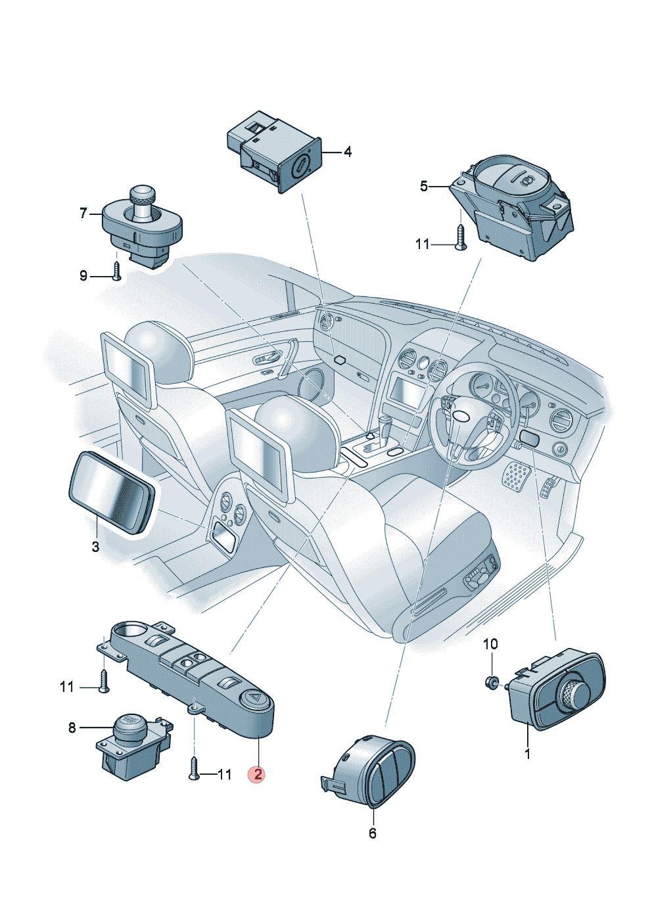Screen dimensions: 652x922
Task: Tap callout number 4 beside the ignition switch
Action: pyautogui.click(x=348, y=152)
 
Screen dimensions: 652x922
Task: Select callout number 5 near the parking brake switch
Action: pyautogui.click(x=423, y=187)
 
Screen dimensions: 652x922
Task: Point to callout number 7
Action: pyautogui.click(x=83, y=213)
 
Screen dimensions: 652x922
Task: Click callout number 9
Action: pyautogui.click(x=83, y=275)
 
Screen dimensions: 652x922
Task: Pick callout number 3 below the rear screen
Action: pyautogui.click(x=95, y=547)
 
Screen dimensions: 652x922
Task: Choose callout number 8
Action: pyautogui.click(x=72, y=727)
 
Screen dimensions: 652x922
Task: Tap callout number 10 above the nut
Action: pyautogui.click(x=490, y=644)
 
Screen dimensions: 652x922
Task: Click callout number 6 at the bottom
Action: pyautogui.click(x=373, y=833)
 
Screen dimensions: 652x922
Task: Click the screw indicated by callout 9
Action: pyautogui.click(x=116, y=271)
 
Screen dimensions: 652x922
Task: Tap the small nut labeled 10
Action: pyautogui.click(x=491, y=681)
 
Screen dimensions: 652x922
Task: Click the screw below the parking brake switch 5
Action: pyautogui.click(x=460, y=237)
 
